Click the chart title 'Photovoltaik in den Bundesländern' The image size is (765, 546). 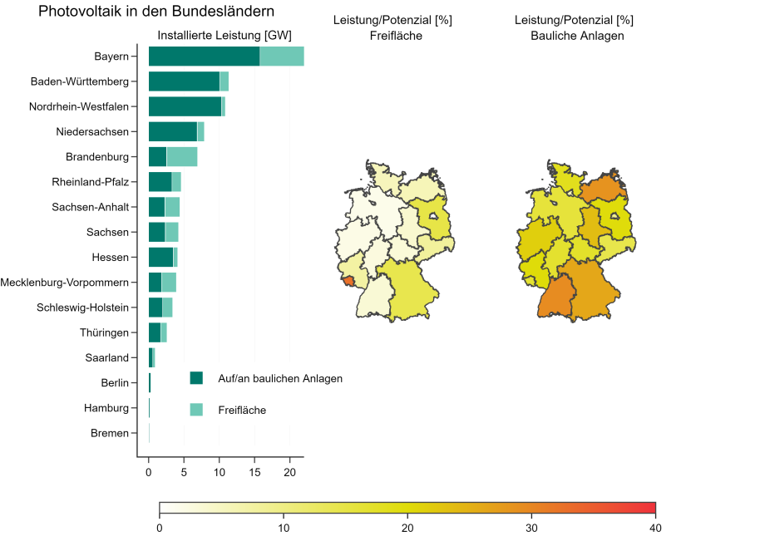coord(156,12)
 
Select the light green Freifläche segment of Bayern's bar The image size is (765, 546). coord(281,57)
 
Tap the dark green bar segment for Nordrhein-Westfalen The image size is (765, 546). coord(185,106)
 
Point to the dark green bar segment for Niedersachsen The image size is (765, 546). coord(172,131)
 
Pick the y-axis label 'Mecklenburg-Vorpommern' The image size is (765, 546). coord(65,283)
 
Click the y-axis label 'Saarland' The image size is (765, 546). coord(106,358)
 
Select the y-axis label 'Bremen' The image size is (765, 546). coord(110,433)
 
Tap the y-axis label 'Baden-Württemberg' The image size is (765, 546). coord(80,81)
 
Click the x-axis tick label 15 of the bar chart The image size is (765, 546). coord(254,472)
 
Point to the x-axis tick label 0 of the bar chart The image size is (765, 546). coord(149,472)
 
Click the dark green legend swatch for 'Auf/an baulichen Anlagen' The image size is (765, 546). coord(196,378)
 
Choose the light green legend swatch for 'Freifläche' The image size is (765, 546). coord(196,410)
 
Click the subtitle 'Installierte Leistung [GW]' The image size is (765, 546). coord(225,35)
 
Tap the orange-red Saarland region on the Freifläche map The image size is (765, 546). coord(348,281)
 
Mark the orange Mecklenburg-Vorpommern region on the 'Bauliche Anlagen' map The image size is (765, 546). coord(600,188)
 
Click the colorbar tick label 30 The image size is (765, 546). coord(531,528)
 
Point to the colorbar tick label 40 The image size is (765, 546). coord(655,528)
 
